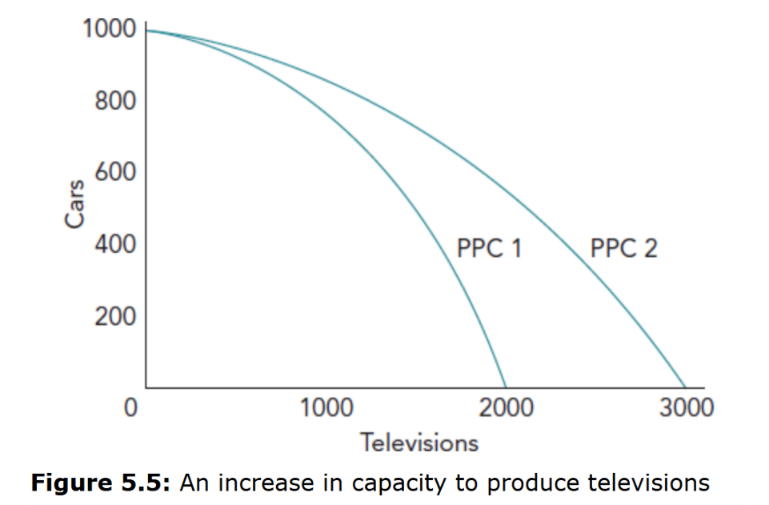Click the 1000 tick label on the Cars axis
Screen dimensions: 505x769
(109, 30)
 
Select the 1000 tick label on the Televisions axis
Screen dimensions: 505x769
(326, 408)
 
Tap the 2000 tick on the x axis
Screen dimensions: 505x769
(507, 408)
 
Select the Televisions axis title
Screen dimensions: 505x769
(418, 442)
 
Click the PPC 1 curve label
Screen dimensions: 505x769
(489, 248)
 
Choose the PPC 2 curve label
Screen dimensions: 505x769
(624, 248)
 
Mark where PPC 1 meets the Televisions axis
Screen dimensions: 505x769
(506, 387)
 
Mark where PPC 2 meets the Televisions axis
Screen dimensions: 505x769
(686, 387)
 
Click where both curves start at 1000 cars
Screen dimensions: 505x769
(147, 30)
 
